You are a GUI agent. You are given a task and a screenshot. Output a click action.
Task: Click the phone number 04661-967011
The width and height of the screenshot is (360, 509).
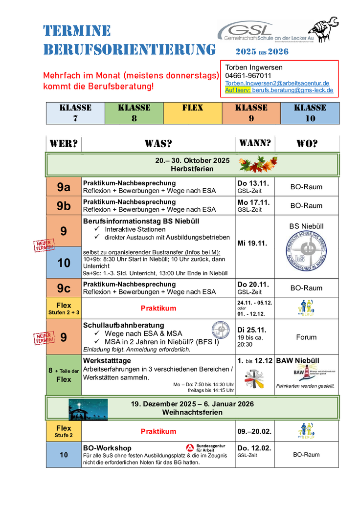tap(248, 75)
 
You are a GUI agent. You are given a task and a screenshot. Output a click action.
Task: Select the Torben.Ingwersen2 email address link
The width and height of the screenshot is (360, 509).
tap(277, 83)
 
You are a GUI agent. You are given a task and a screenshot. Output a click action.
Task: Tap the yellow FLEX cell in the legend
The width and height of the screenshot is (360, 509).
tap(192, 113)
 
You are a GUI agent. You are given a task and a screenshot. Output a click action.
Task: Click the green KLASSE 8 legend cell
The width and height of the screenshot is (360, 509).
tap(134, 113)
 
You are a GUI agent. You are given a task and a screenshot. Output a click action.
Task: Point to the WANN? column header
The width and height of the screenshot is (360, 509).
tap(254, 143)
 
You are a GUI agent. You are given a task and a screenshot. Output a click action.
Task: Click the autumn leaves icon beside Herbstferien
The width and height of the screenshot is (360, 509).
tap(258, 164)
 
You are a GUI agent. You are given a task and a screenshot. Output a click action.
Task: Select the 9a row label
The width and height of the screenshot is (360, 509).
tap(64, 186)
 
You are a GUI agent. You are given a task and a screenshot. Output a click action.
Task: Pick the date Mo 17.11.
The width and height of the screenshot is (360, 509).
tap(253, 202)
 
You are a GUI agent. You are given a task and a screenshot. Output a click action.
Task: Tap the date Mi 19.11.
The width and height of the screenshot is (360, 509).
tap(252, 243)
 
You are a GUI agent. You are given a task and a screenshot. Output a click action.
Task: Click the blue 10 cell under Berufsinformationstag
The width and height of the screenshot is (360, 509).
tap(64, 263)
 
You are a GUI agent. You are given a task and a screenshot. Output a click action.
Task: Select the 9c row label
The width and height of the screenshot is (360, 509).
tap(64, 288)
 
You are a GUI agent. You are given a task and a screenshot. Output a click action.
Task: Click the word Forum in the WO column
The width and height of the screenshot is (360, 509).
tap(306, 337)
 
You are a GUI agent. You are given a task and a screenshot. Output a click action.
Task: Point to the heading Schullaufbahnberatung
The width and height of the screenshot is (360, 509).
tap(123, 325)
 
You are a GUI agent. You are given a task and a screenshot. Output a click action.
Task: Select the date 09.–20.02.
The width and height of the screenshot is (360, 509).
tap(254, 432)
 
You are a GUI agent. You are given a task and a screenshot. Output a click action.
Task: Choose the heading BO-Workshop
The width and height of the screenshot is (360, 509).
tap(107, 448)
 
